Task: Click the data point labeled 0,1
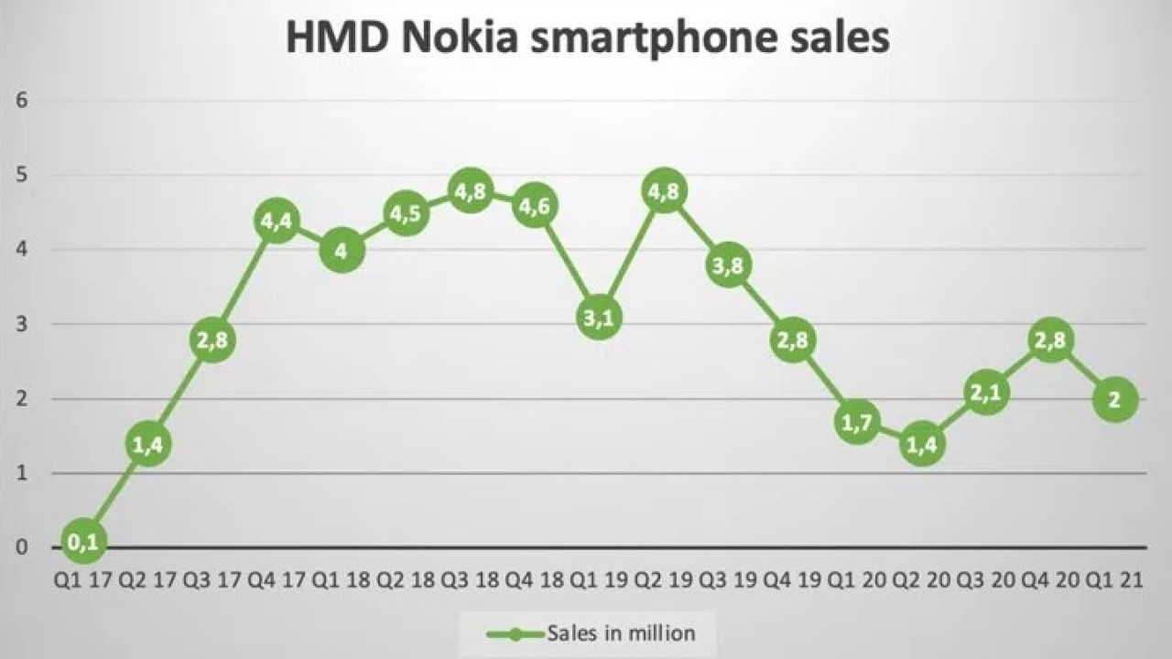tap(83, 542)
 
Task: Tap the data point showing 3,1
tap(600, 318)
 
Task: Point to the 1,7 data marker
tap(858, 422)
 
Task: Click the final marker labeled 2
tap(1115, 399)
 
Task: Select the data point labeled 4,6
tap(535, 207)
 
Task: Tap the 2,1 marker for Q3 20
tap(986, 393)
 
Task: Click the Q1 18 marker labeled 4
tap(342, 250)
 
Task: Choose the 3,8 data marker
tap(729, 265)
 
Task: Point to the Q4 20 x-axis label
tap(1051, 580)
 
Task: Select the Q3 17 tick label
tap(212, 580)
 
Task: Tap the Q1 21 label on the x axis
tap(1115, 580)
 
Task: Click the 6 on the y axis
tap(21, 100)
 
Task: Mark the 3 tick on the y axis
tap(21, 324)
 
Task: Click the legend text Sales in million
tap(621, 632)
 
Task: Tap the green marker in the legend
tap(514, 632)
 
